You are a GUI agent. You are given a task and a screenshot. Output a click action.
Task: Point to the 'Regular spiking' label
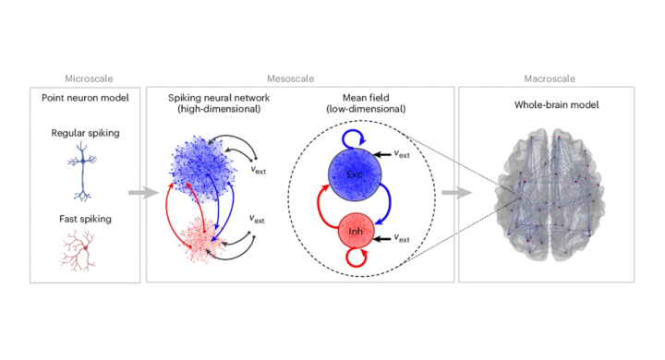(86, 134)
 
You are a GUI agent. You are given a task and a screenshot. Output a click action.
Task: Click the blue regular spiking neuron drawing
(87, 175)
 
